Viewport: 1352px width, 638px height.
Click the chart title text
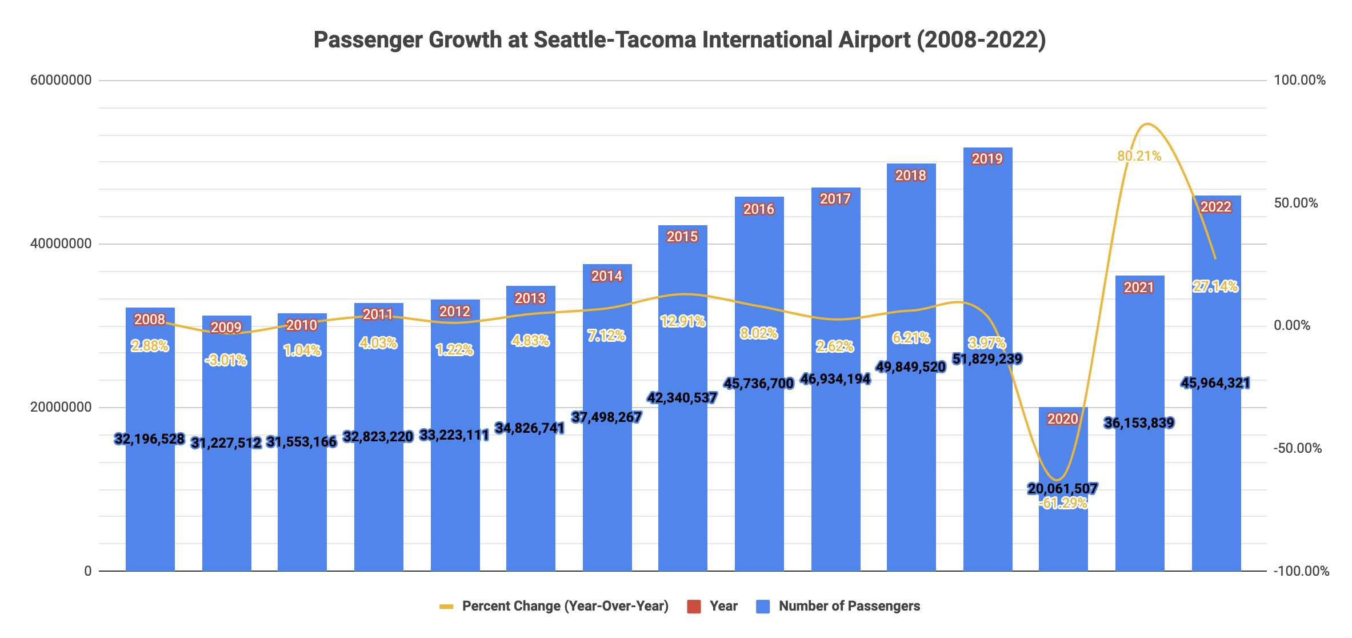pyautogui.click(x=679, y=40)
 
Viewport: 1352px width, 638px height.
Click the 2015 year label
pyautogui.click(x=682, y=237)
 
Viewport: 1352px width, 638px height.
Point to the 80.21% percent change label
pyautogui.click(x=1139, y=156)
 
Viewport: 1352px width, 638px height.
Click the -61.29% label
pyautogui.click(x=1063, y=503)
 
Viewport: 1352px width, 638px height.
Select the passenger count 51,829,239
pyautogui.click(x=987, y=359)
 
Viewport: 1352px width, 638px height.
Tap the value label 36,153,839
pyautogui.click(x=1139, y=423)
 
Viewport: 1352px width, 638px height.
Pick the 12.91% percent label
pyautogui.click(x=682, y=321)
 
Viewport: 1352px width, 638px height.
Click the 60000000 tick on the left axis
pyautogui.click(x=61, y=80)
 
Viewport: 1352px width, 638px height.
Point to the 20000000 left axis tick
pyautogui.click(x=61, y=407)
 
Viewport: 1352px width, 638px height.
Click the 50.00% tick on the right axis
pyautogui.click(x=1296, y=203)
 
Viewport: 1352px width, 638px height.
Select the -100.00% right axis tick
pyautogui.click(x=1301, y=571)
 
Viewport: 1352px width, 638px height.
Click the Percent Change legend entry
pyautogui.click(x=565, y=606)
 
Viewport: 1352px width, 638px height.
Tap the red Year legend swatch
pyautogui.click(x=694, y=607)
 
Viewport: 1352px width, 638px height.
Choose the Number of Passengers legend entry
pyautogui.click(x=849, y=606)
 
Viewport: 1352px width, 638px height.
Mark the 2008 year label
pyautogui.click(x=150, y=320)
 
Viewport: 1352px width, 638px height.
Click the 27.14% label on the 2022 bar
pyautogui.click(x=1215, y=286)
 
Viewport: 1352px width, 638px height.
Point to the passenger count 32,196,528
pyautogui.click(x=150, y=439)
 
